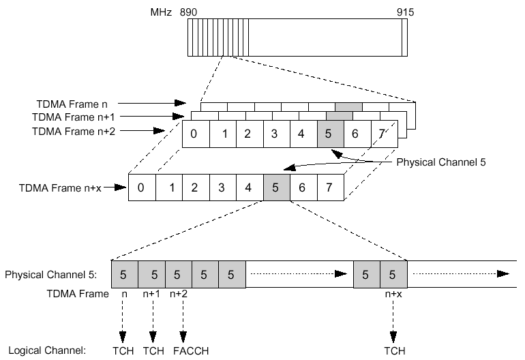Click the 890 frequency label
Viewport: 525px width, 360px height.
pos(187,12)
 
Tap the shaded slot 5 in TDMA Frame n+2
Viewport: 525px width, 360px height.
pos(329,134)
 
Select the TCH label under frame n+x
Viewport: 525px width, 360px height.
pos(393,351)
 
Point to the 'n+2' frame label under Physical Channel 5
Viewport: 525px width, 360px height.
pos(179,295)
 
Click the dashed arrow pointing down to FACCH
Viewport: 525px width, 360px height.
pos(182,320)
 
